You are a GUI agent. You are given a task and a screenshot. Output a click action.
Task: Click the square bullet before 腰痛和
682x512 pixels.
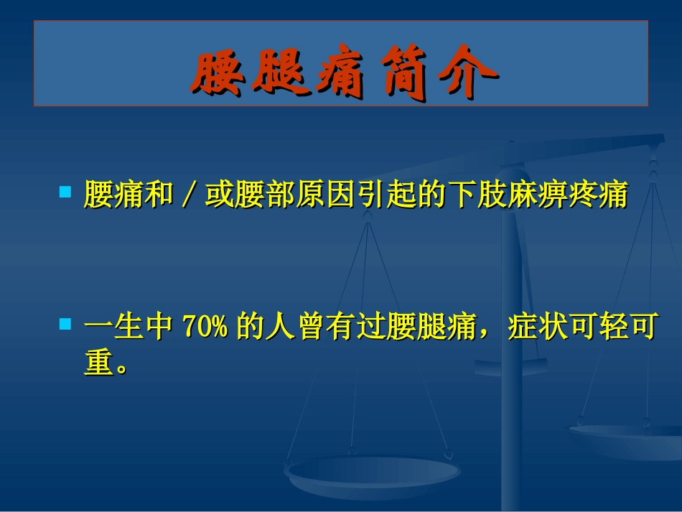(65, 192)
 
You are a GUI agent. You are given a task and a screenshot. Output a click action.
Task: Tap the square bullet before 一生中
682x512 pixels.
(65, 325)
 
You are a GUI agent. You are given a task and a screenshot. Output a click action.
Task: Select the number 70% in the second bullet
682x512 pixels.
(205, 327)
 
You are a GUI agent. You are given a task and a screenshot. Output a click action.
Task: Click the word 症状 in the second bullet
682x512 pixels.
(541, 327)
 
